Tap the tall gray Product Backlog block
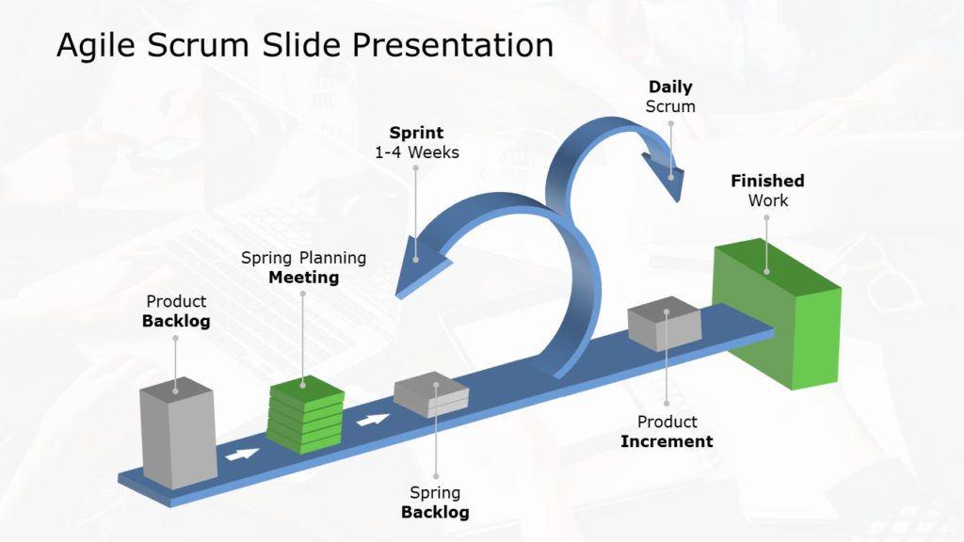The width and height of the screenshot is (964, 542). pos(177,435)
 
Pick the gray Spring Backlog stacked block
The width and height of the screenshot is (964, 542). pos(431,395)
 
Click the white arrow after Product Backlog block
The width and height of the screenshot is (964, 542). pos(242,454)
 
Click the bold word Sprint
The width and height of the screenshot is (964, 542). pos(416,133)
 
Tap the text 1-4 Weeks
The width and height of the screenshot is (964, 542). pos(416,151)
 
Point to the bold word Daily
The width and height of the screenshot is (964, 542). pos(670,88)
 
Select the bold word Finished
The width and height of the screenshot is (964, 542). pos(767,181)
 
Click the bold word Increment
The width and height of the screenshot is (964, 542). pos(667,441)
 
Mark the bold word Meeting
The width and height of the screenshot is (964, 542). pos(303,278)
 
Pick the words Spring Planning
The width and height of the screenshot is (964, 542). pos(303,258)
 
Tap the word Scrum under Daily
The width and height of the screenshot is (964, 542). pos(670,106)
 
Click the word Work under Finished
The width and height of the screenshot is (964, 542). pos(768,200)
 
